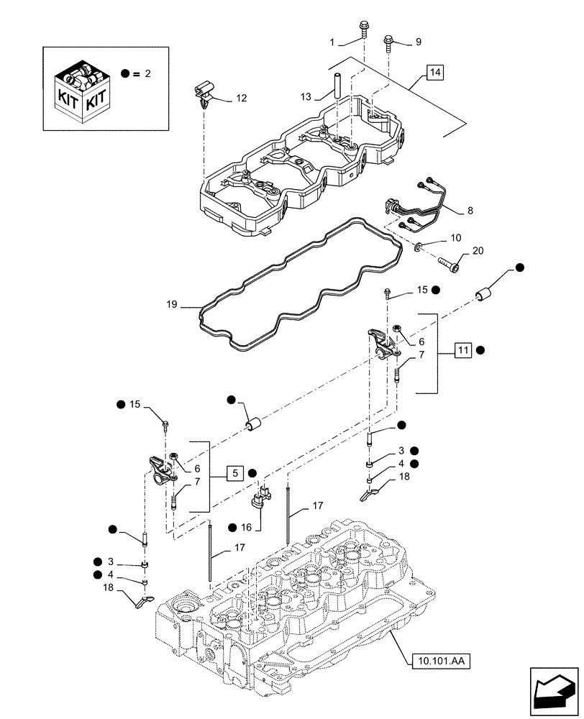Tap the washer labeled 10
[419, 248]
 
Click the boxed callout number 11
[462, 350]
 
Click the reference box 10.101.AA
[441, 660]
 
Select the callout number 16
[247, 527]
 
